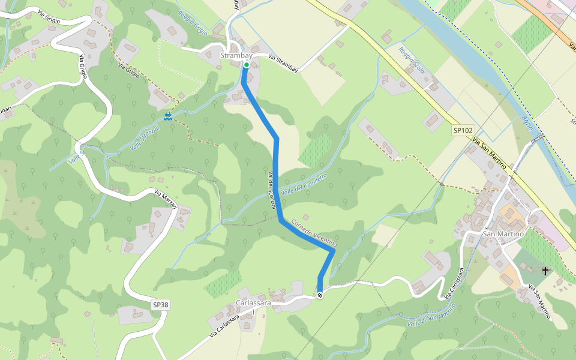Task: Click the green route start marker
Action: pyautogui.click(x=247, y=65)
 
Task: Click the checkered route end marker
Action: pyautogui.click(x=320, y=295)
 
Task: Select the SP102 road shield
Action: pyautogui.click(x=463, y=130)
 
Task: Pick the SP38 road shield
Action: pyautogui.click(x=160, y=305)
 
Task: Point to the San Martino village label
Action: pyautogui.click(x=503, y=233)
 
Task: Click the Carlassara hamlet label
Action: pyautogui.click(x=254, y=304)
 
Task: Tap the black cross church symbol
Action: pyautogui.click(x=545, y=271)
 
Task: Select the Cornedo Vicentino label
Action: pyautogui.click(x=314, y=233)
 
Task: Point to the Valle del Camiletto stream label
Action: pyautogui.click(x=304, y=183)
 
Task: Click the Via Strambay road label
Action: pyautogui.click(x=283, y=61)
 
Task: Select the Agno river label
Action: pyautogui.click(x=527, y=124)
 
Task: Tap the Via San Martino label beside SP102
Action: pyautogui.click(x=491, y=154)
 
